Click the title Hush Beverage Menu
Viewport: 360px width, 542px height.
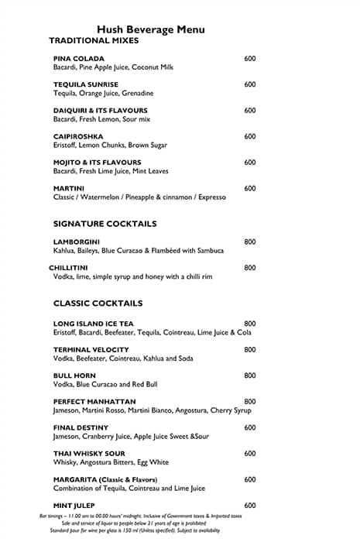tap(150, 29)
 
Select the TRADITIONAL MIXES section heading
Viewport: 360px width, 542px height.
tap(94, 40)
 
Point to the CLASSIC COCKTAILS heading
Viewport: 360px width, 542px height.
tap(98, 304)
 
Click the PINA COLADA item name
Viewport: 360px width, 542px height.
tap(78, 59)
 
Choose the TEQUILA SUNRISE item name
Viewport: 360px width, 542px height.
tap(86, 84)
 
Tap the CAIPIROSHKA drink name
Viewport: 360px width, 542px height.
tap(78, 137)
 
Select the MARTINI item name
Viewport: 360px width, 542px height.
tap(69, 189)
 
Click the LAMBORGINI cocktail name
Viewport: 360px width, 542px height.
tap(77, 242)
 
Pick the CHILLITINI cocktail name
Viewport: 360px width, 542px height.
tap(71, 268)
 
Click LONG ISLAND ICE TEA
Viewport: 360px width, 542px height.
tap(93, 324)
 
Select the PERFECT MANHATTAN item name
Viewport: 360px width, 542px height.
tap(94, 402)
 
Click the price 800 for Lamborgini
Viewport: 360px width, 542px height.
tap(250, 242)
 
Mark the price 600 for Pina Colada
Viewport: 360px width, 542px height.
tap(250, 59)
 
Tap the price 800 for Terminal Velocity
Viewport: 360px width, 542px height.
tap(250, 350)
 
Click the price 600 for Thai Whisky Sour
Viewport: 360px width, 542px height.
tap(250, 454)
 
